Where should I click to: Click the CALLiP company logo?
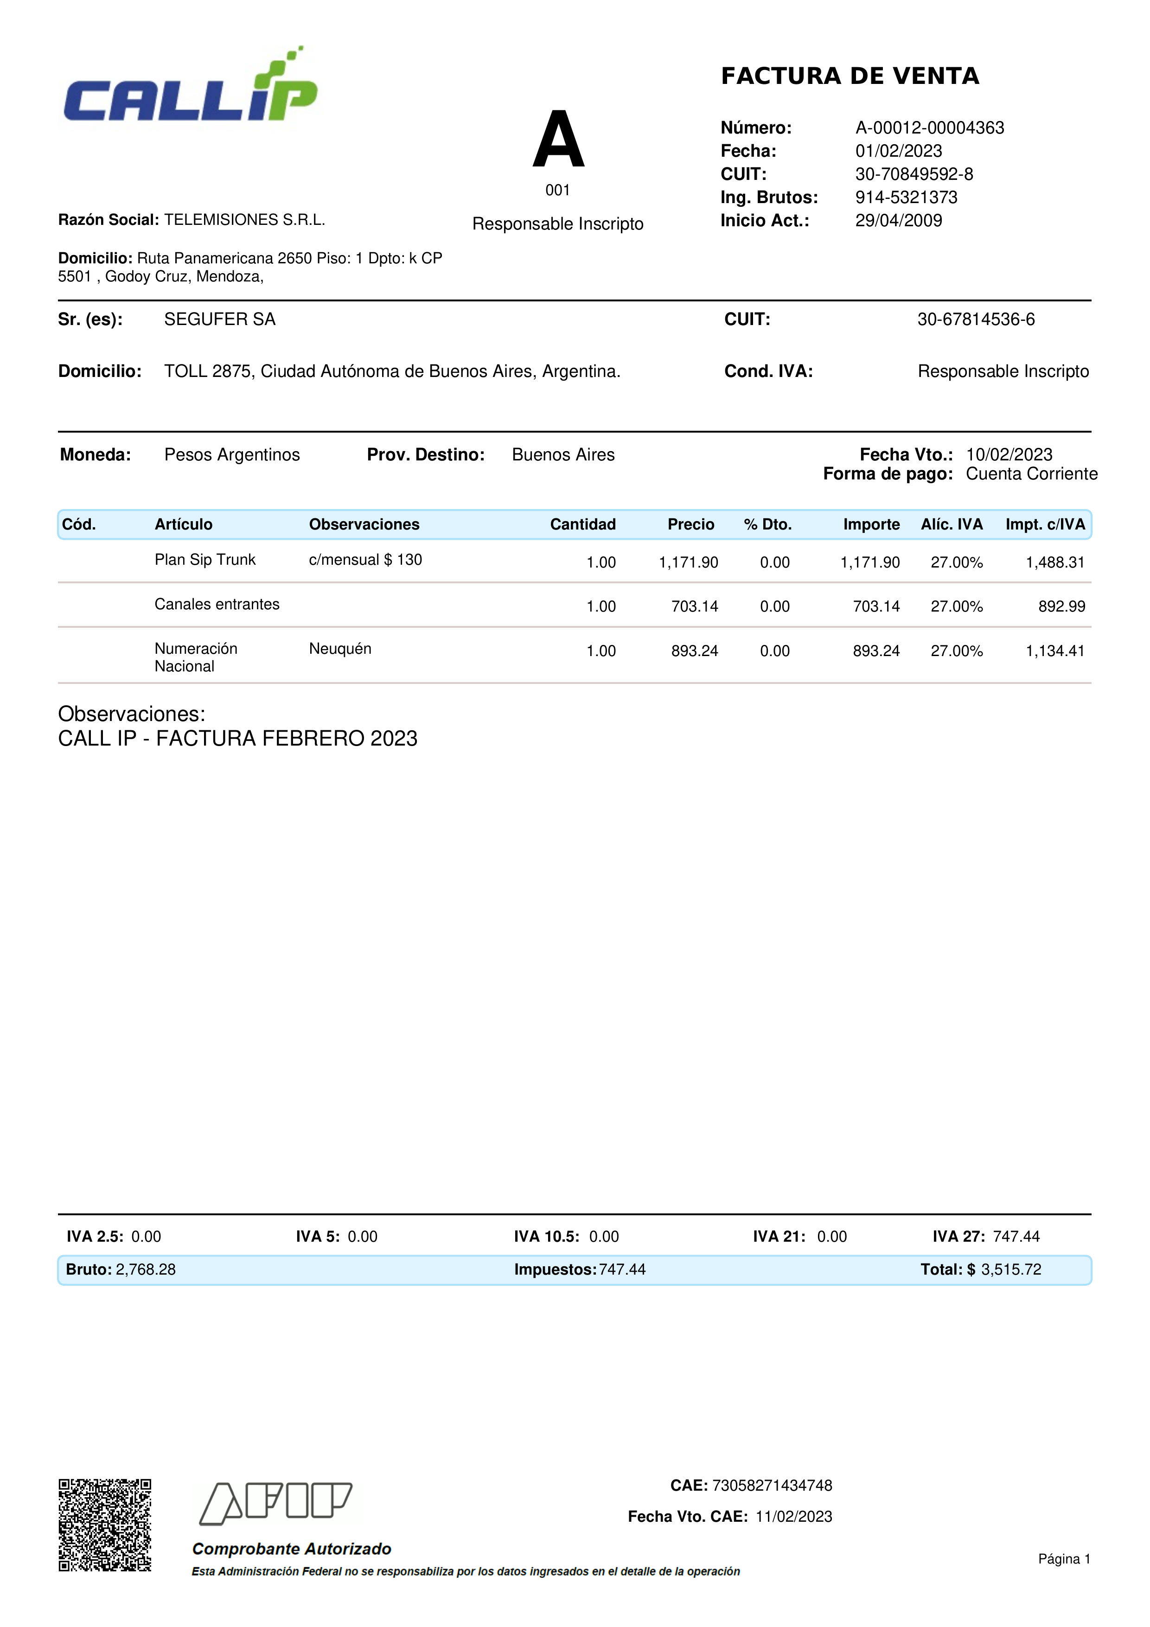click(190, 89)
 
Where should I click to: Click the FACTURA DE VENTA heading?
click(850, 76)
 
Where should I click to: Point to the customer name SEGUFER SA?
click(220, 319)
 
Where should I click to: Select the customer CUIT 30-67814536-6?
click(976, 319)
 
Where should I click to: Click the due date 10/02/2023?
click(1009, 454)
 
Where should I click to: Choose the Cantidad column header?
click(582, 524)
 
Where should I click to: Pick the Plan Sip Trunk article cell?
click(205, 560)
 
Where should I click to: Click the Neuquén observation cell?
click(340, 648)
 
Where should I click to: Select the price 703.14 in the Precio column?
click(694, 606)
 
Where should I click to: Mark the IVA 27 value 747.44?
click(1016, 1237)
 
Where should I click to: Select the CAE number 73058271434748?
click(772, 1485)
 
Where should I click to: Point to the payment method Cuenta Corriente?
click(1031, 474)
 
